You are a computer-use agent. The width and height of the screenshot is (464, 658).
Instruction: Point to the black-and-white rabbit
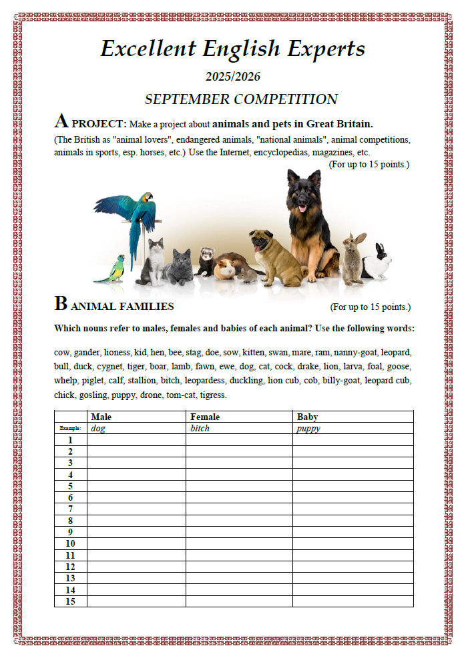click(x=378, y=262)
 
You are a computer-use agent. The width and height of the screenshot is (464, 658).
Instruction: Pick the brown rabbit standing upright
click(x=353, y=257)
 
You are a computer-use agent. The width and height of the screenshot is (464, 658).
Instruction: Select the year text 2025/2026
click(x=232, y=77)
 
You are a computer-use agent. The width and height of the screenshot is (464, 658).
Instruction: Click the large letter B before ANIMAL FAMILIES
click(x=61, y=305)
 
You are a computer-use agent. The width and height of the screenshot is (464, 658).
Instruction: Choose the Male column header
click(x=101, y=417)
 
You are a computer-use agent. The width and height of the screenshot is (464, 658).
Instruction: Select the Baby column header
click(x=307, y=417)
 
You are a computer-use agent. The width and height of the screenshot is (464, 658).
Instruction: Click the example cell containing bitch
click(x=200, y=428)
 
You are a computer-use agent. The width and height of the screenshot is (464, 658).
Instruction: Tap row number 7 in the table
click(x=70, y=509)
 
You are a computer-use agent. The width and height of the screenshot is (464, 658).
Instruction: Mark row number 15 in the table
click(x=70, y=601)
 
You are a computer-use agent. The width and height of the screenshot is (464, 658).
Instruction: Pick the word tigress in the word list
click(x=214, y=395)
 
